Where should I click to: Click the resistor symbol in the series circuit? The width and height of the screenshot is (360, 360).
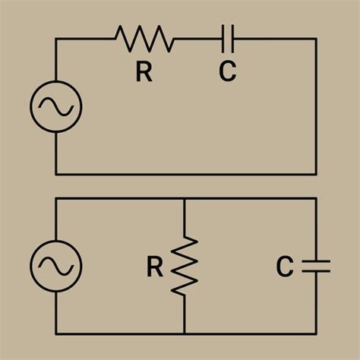point(144,38)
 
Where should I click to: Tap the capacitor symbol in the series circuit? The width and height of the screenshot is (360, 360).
point(228,38)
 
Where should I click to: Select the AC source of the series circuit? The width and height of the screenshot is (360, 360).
point(55,109)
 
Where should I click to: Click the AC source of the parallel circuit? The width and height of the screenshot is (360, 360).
point(55,265)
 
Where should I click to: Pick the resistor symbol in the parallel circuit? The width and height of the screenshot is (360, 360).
point(185,265)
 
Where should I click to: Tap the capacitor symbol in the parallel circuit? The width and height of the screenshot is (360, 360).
point(316,265)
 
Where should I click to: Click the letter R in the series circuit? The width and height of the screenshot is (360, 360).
point(144,72)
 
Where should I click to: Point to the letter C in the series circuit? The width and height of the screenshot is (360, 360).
point(228,72)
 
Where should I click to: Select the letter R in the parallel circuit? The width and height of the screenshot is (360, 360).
point(155,267)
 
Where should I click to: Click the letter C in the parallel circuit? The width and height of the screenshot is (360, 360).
point(285,267)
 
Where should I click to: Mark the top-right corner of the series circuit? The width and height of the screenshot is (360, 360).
point(316,38)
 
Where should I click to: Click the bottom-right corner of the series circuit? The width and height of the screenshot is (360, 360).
point(316,174)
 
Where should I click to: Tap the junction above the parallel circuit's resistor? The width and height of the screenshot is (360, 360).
point(185,198)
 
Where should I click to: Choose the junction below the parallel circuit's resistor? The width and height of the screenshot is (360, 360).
point(185,333)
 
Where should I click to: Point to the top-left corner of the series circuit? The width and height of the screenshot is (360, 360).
point(55,38)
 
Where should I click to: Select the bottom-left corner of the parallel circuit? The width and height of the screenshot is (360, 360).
point(55,333)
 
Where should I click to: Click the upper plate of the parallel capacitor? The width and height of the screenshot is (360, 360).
point(316,261)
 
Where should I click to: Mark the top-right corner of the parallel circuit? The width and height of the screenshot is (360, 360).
point(316,198)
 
